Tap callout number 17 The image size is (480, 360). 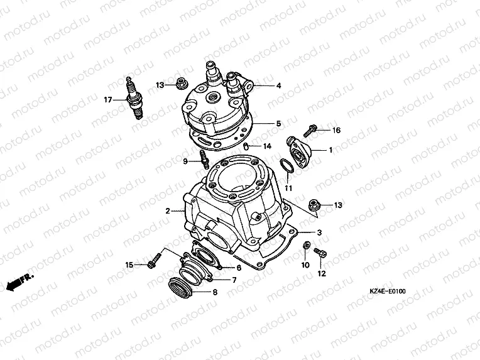click(x=107, y=99)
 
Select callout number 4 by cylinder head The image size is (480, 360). click(x=278, y=85)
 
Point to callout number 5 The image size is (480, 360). click(x=278, y=124)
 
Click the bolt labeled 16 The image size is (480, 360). click(x=310, y=131)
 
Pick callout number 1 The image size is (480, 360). click(x=331, y=150)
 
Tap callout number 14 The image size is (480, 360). click(x=267, y=146)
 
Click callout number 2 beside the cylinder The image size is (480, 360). click(x=168, y=211)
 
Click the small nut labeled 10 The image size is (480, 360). click(x=306, y=246)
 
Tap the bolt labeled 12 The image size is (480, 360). click(x=319, y=254)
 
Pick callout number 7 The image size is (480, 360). click(x=234, y=280)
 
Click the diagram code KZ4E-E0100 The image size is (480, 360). click(x=388, y=291)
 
